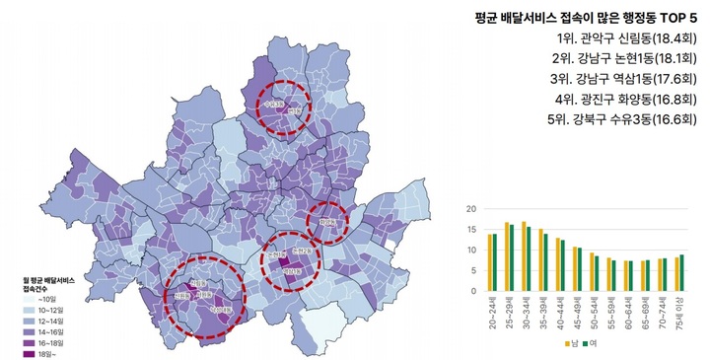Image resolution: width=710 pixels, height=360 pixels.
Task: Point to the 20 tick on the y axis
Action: coord(470,209)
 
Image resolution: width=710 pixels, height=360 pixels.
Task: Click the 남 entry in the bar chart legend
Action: coord(571,344)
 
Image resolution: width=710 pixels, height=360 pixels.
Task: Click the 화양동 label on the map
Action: coord(327,223)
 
